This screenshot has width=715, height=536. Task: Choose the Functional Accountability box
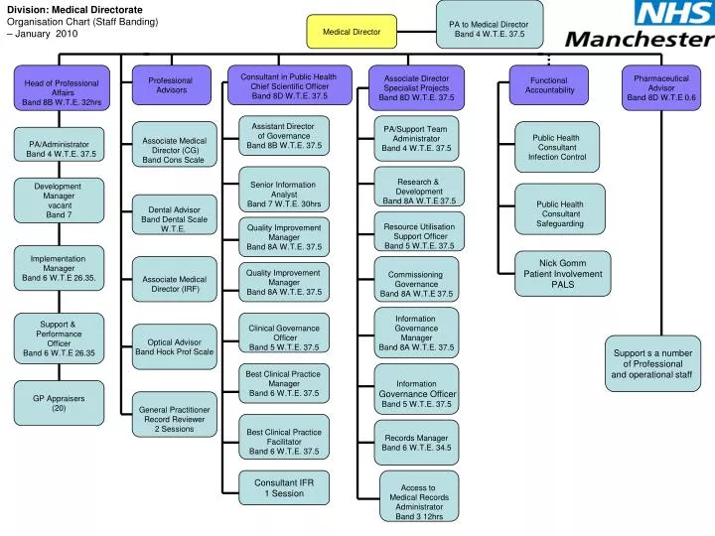(549, 85)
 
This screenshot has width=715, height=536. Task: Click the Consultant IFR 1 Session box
(284, 488)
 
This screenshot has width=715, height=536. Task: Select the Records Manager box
(417, 443)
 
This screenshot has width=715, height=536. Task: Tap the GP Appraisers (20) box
(59, 402)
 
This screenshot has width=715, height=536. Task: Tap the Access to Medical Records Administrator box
(418, 502)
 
